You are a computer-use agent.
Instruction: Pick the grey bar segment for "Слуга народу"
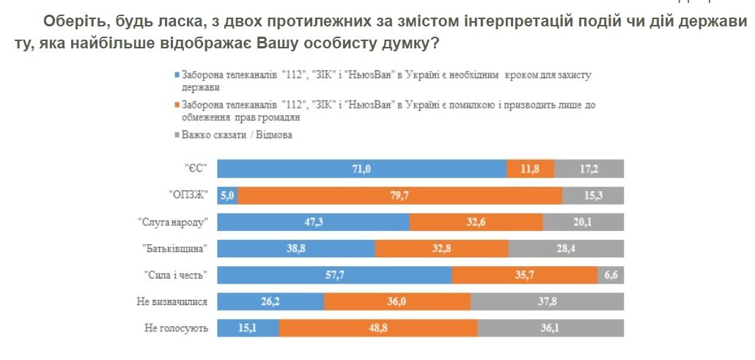point(583,222)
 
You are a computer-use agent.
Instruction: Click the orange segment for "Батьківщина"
point(441,249)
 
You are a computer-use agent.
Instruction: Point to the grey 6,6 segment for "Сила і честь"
point(611,275)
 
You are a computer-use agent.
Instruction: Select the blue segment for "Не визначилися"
point(271,301)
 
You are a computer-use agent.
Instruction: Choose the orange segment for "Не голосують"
point(378,328)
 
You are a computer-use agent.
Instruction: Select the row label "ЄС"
point(196,169)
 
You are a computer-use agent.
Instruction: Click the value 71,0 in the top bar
point(361,169)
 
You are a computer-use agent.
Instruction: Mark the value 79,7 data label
point(400,195)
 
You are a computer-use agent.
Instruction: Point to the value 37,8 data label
point(547,301)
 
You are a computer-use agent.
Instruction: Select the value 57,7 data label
point(336,275)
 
